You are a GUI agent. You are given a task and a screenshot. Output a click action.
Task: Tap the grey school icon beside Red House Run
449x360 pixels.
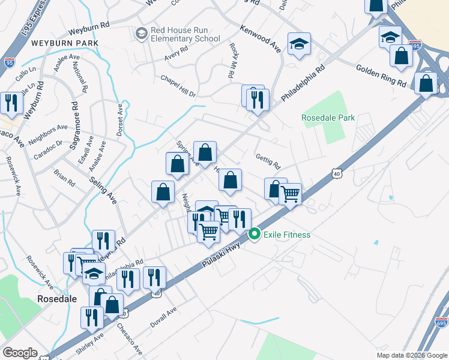tap(141, 32)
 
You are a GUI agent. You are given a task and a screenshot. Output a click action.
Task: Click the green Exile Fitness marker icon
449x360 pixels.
tap(255, 234)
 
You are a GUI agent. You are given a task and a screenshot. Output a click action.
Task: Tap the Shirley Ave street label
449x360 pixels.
tap(89, 345)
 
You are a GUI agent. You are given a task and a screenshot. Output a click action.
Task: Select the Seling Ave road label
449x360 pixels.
tap(103, 190)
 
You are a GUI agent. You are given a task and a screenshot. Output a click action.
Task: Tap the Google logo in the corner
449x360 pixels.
tap(20, 353)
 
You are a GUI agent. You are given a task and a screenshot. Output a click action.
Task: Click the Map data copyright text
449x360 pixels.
tap(411, 355)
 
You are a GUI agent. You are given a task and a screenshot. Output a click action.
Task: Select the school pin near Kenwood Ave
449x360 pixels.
tap(299, 44)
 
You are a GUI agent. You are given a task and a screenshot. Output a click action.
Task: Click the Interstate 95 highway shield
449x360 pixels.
tap(8, 62)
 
